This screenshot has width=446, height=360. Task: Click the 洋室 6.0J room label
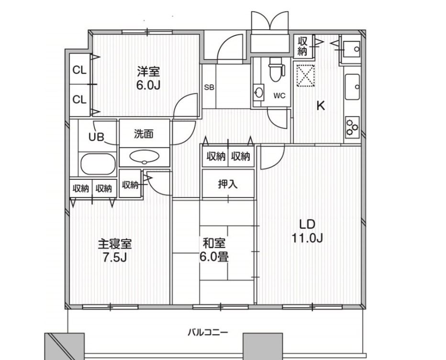tap(148, 78)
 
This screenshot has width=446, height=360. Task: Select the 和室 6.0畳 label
tap(214, 250)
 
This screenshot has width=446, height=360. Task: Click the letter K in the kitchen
tap(321, 106)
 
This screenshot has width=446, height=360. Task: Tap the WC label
tap(279, 96)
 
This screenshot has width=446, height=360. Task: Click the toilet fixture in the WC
tap(275, 70)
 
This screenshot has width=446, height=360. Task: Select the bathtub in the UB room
tap(98, 164)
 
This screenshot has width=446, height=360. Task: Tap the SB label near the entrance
tap(209, 87)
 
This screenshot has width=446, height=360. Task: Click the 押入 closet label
tap(228, 184)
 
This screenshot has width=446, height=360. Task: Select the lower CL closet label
tap(79, 99)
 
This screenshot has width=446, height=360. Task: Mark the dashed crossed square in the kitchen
tap(305, 75)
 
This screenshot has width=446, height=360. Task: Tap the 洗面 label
tap(144, 134)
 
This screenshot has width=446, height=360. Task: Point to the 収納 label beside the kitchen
tap(302, 46)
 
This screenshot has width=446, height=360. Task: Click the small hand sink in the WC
tap(259, 92)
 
